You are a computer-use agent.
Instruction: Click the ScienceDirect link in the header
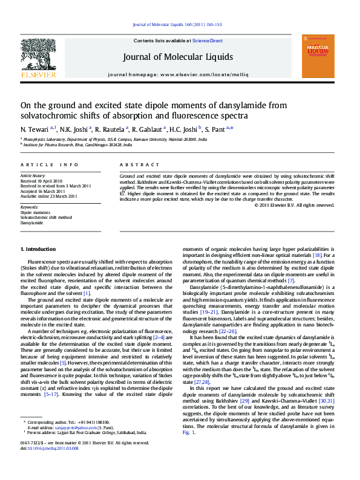coord(208,41)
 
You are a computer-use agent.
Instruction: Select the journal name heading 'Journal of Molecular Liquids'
coord(177,57)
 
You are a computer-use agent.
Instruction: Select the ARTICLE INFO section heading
coord(49,164)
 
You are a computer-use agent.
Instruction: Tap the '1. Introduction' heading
coord(38,249)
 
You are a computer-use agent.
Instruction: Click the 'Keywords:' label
coord(29,207)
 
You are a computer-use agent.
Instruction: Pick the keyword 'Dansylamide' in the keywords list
coord(32,222)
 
